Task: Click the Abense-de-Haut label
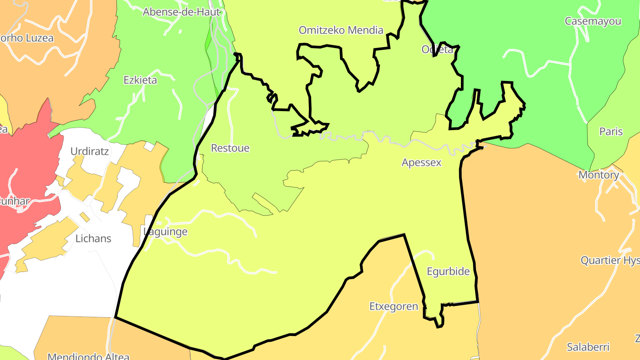coord(181,12)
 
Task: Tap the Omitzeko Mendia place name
coord(341,30)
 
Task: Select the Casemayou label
coord(593,21)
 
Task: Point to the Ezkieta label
coord(140,80)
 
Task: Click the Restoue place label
coord(230,148)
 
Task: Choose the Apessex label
coord(421,163)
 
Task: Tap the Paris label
coord(611,132)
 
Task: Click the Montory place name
coord(599,175)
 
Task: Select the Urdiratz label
coord(89,151)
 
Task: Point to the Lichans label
coord(93,239)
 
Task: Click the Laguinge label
coord(165,232)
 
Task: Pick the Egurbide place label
coord(448,272)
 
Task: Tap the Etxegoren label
coord(394,307)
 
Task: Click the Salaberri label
coord(588,347)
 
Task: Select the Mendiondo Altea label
coord(88,356)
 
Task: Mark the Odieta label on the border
coord(437,49)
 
